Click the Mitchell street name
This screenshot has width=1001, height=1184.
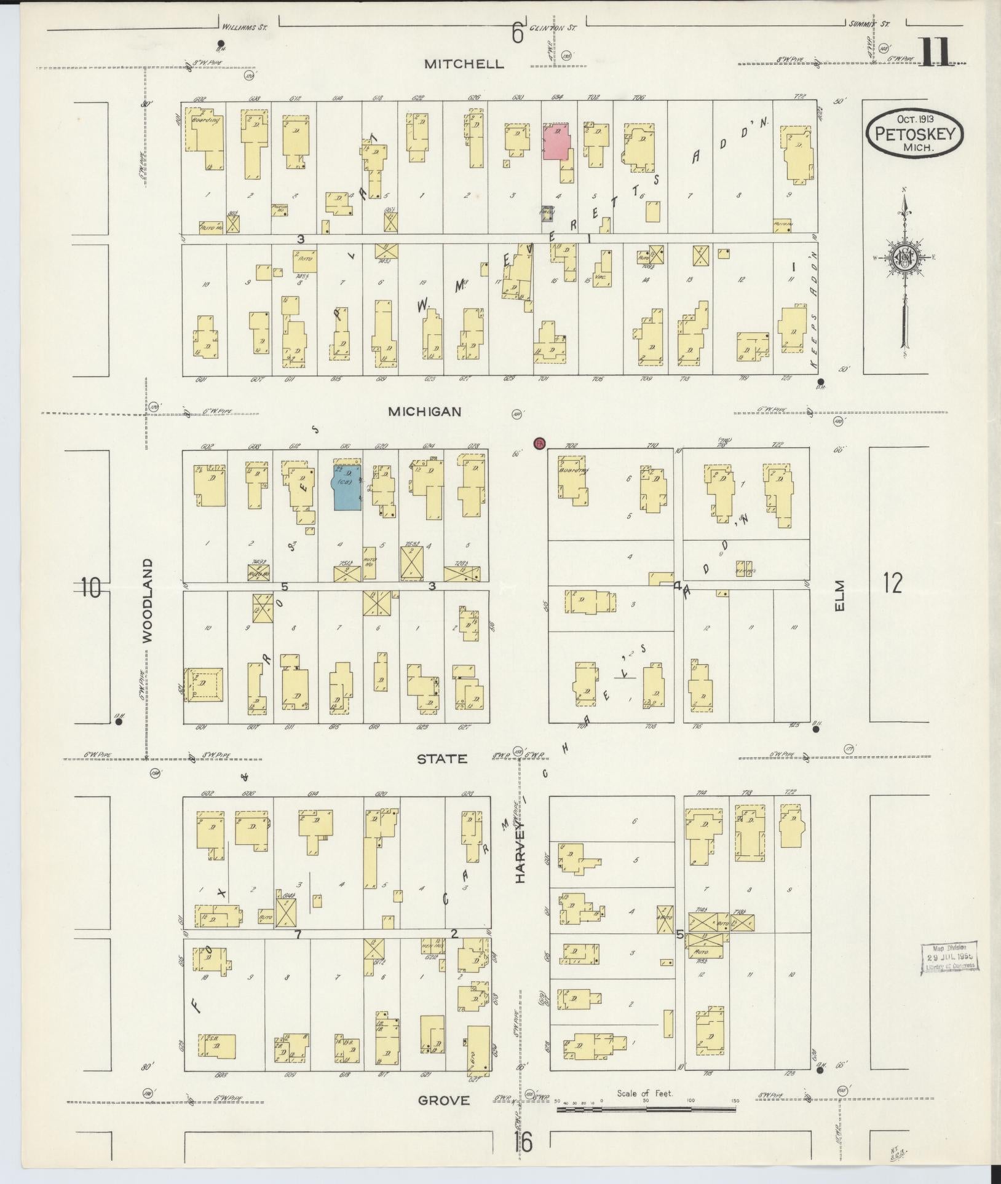[x=464, y=64]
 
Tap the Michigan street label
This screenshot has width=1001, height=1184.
[x=424, y=412]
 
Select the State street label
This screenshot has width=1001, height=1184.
[x=442, y=759]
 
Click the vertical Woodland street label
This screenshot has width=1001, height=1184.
[x=147, y=601]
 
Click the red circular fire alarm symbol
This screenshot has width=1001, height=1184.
[x=539, y=442]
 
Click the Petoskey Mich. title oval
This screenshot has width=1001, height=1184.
[x=914, y=132]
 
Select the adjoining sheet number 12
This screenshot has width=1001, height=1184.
[x=893, y=582]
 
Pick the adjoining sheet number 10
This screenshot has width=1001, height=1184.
[x=90, y=588]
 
